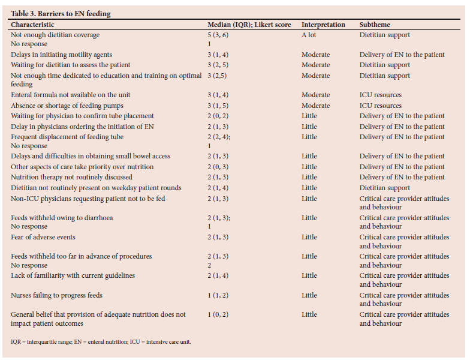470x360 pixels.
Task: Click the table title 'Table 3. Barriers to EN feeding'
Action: (x=61, y=14)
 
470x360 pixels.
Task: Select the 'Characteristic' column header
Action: (x=32, y=25)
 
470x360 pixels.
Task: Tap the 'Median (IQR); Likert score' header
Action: (x=249, y=25)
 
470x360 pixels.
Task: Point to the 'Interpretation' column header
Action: (x=323, y=25)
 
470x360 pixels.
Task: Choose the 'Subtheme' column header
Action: (x=375, y=25)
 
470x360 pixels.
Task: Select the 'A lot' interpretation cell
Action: (x=309, y=35)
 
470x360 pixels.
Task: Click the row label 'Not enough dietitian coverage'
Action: (x=55, y=35)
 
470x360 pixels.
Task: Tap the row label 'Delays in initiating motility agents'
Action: (x=61, y=55)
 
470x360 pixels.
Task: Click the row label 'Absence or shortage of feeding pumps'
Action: (x=67, y=106)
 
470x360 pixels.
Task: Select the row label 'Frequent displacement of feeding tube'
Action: (x=67, y=137)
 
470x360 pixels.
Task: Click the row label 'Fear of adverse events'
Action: (x=43, y=237)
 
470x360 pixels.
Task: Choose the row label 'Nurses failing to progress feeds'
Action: (x=56, y=295)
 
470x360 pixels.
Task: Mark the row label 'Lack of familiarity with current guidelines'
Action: (x=73, y=275)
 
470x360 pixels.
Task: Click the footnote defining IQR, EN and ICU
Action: (x=101, y=342)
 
